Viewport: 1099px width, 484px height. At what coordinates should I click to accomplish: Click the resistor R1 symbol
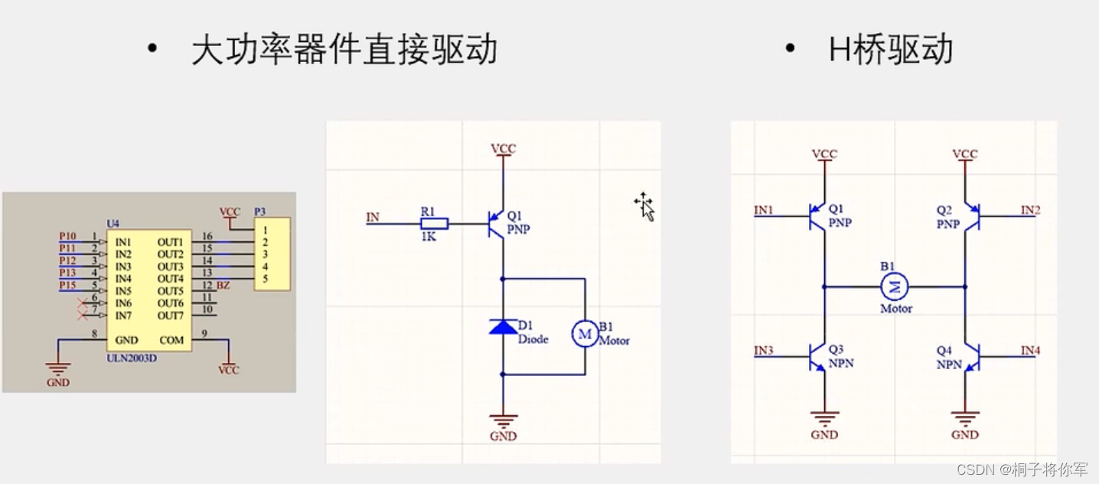tap(434, 224)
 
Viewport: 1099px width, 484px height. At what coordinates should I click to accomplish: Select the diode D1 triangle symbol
tap(503, 327)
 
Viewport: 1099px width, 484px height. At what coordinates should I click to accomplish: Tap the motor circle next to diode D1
tap(585, 333)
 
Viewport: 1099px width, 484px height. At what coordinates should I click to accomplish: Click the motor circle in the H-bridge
tap(894, 287)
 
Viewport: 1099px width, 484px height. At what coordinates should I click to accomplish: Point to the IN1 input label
tap(764, 210)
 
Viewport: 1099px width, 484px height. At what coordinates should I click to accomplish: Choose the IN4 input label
tap(1030, 351)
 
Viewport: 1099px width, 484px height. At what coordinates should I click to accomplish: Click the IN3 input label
tap(764, 351)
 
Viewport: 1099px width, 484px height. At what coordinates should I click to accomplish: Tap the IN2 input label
tap(1030, 210)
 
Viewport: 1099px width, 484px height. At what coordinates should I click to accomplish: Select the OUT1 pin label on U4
tap(170, 242)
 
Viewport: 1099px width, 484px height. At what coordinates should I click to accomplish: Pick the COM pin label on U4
tap(171, 339)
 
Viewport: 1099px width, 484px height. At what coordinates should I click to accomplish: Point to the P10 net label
tap(68, 236)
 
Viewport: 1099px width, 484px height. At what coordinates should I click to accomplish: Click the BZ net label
tap(223, 286)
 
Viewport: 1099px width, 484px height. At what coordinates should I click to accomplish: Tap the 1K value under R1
tap(429, 237)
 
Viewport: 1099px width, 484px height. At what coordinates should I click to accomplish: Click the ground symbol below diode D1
tap(503, 421)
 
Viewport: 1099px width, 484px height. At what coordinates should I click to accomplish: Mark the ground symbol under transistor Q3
tap(824, 420)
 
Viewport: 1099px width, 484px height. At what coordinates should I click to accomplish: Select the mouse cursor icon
tap(645, 207)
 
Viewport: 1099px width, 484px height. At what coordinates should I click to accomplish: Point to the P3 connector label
tap(260, 211)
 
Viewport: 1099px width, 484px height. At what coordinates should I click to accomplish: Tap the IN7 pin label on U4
tap(124, 316)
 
